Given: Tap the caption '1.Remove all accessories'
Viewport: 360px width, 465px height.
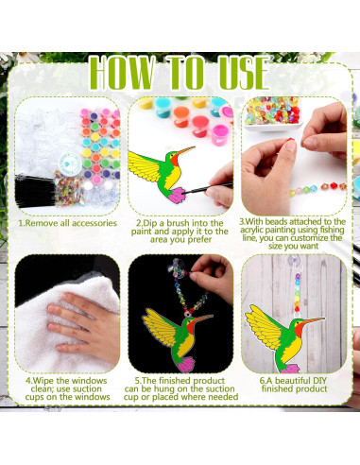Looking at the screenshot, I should pyautogui.click(x=67, y=223).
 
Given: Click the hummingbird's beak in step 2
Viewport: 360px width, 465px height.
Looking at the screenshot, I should pyautogui.click(x=186, y=150).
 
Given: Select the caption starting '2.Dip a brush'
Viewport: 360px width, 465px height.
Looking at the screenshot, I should pyautogui.click(x=180, y=229).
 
